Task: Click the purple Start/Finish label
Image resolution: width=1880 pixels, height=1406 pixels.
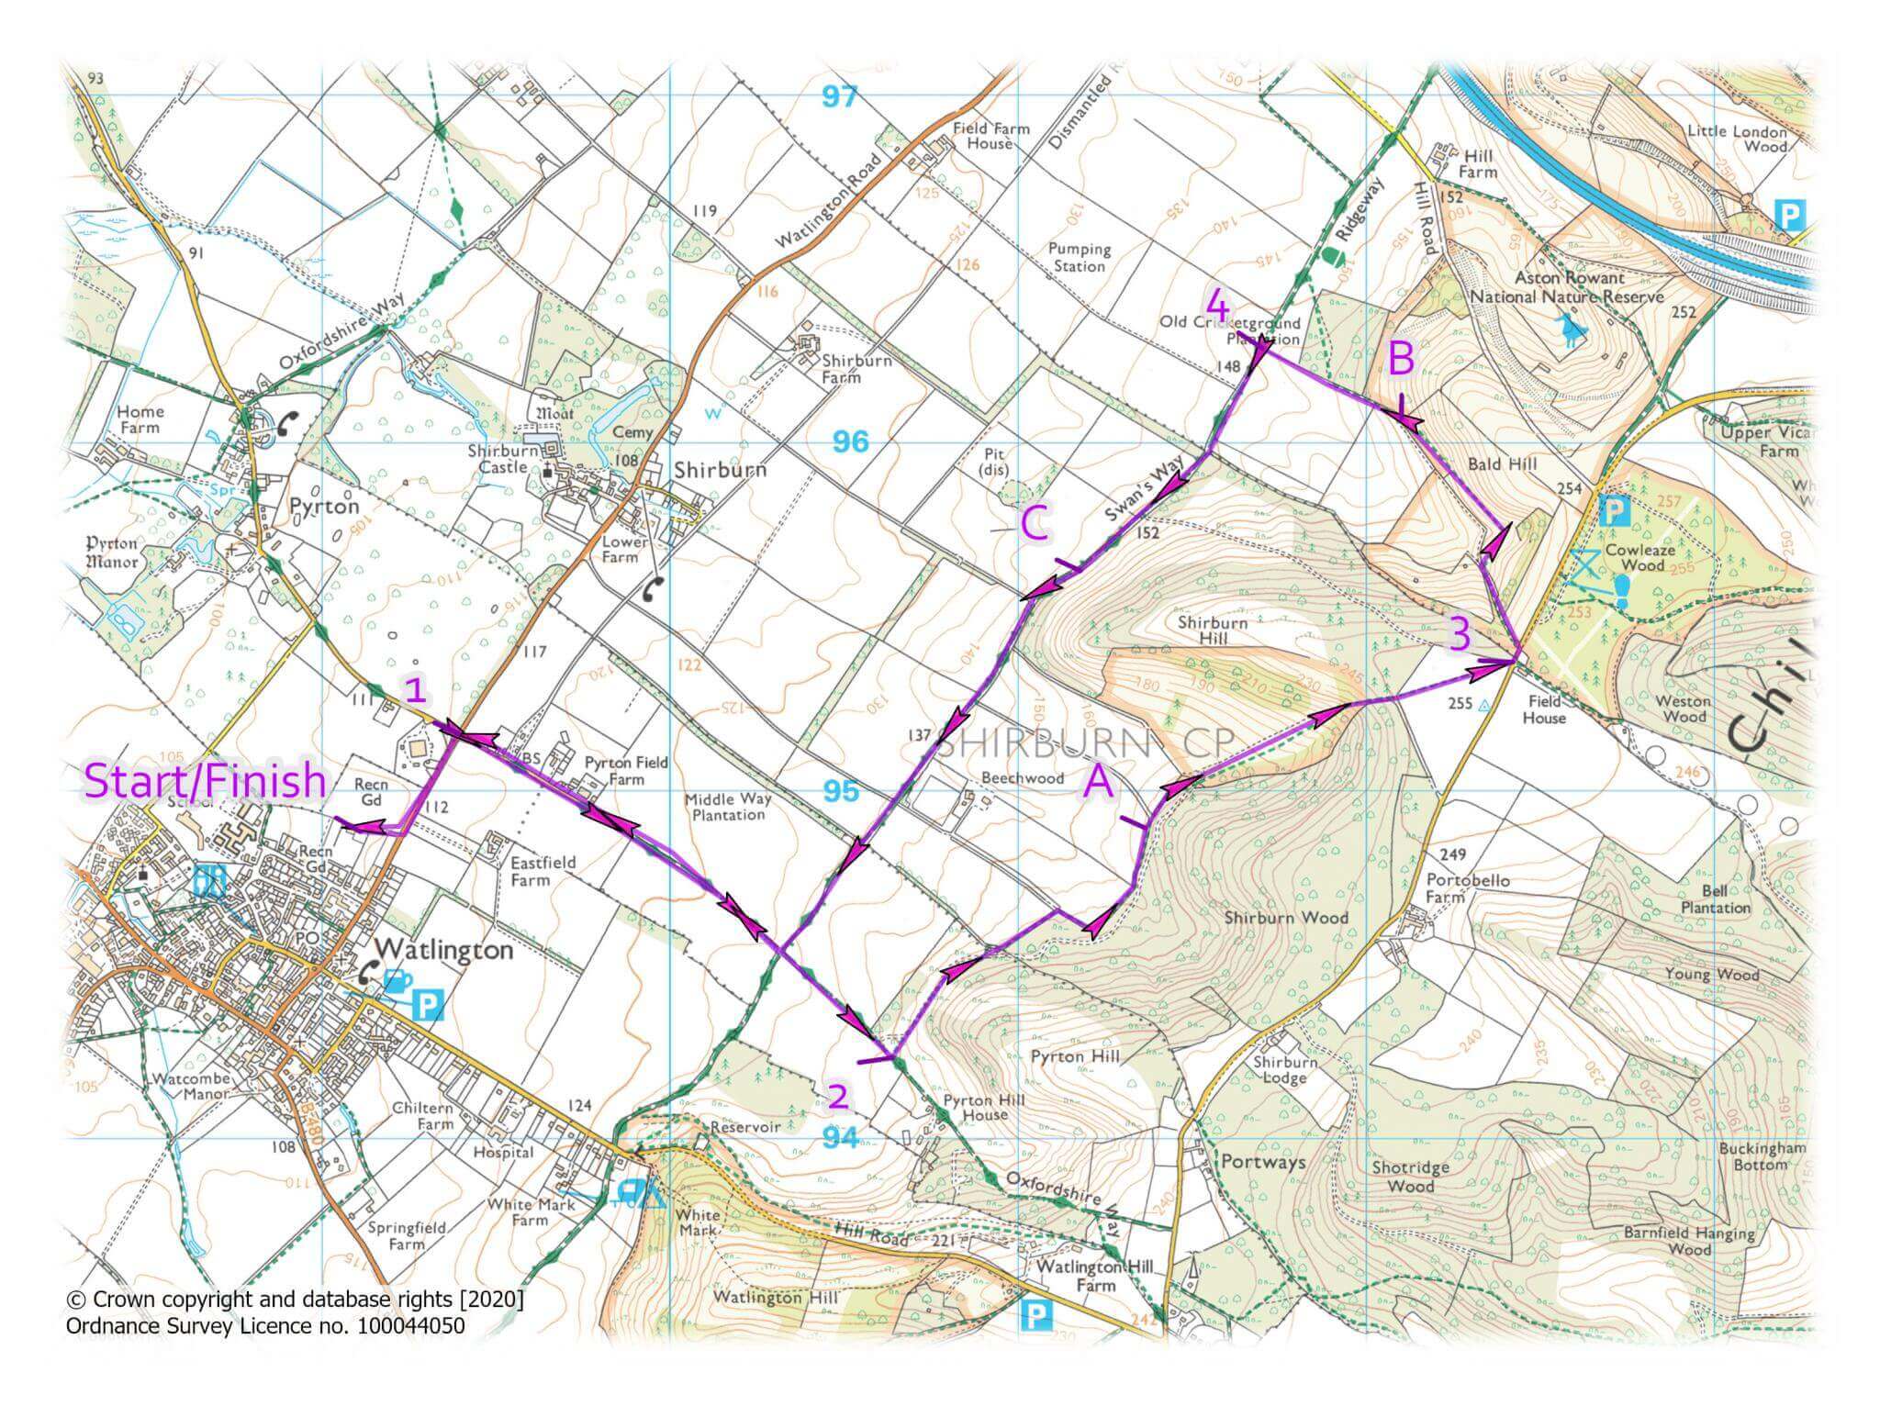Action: (206, 782)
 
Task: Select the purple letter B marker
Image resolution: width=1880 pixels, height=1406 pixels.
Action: (1401, 360)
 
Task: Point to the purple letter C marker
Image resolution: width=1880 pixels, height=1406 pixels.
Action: (1035, 526)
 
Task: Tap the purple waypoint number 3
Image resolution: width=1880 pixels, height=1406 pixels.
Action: (1460, 634)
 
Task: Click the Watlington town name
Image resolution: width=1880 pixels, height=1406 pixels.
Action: (444, 949)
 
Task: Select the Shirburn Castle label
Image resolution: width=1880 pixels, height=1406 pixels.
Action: (498, 459)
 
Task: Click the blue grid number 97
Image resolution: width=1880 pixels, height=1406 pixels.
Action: (839, 96)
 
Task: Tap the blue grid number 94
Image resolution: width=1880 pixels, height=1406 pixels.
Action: (840, 1138)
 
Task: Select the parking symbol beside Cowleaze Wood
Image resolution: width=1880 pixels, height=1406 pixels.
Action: (1614, 511)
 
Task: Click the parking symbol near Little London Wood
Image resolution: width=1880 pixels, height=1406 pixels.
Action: (1789, 216)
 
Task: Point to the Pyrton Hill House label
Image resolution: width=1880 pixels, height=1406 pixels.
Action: (975, 1107)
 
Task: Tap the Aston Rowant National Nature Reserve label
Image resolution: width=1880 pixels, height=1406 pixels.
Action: (1567, 287)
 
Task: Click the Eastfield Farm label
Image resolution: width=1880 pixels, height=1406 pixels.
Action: (543, 871)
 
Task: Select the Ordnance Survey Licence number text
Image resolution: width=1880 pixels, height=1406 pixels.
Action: (265, 1325)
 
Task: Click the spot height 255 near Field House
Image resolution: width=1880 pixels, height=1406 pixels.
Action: (1460, 704)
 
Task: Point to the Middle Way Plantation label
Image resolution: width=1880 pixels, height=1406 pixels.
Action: (729, 807)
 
